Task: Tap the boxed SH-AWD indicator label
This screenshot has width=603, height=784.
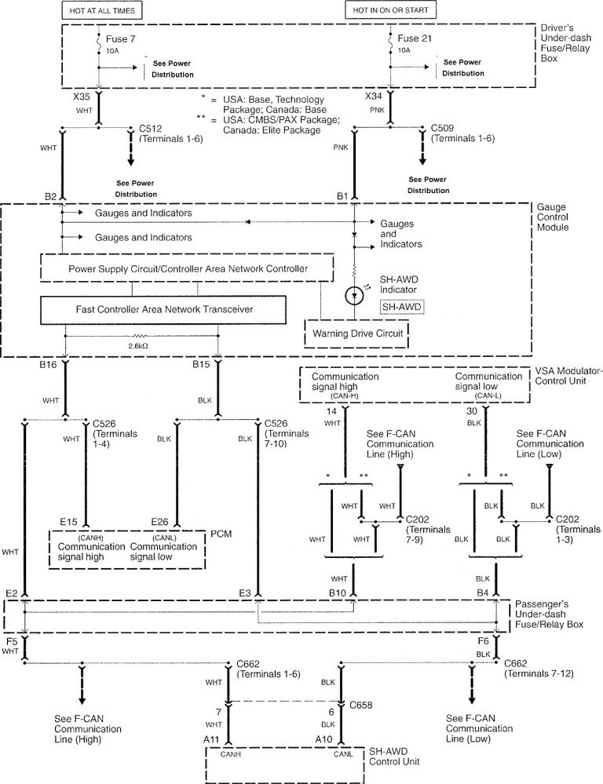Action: [x=400, y=306]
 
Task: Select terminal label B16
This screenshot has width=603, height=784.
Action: [x=49, y=366]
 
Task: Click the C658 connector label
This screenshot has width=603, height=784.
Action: [x=361, y=705]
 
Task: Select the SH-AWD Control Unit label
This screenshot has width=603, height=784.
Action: [x=394, y=756]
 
